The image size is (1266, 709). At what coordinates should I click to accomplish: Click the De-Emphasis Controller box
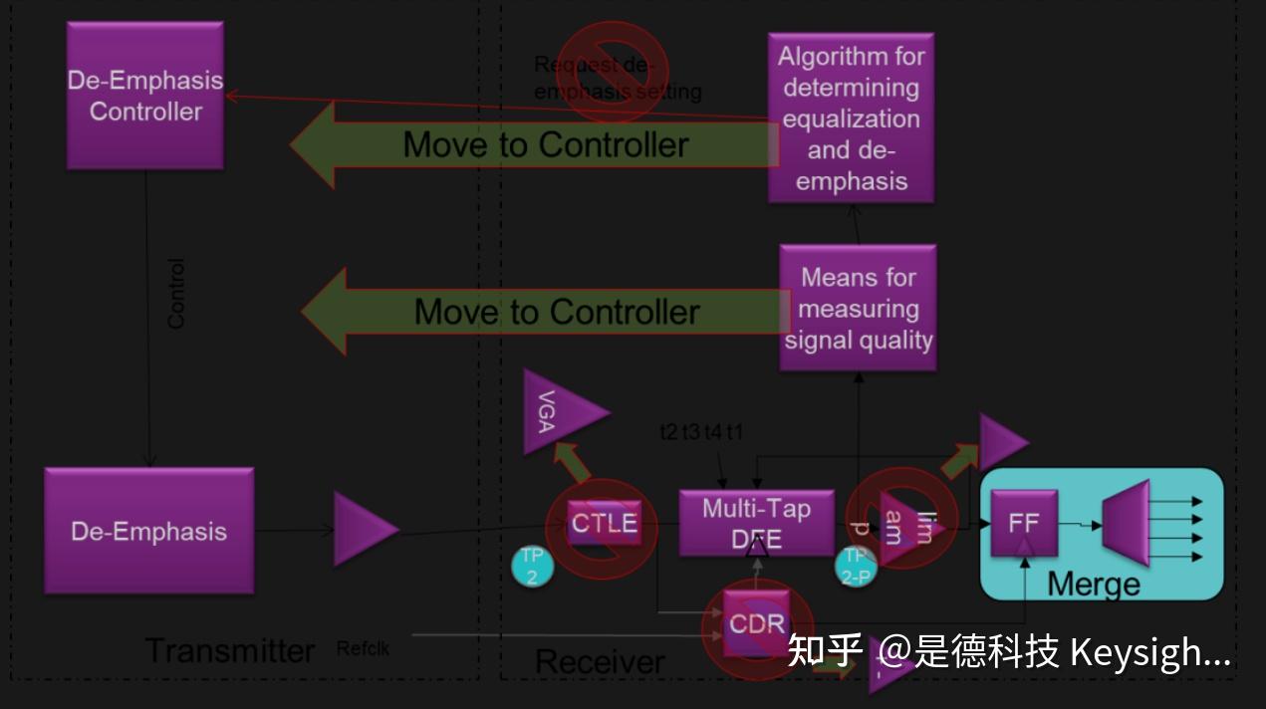pos(145,96)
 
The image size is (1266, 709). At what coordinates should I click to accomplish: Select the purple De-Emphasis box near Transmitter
pos(148,531)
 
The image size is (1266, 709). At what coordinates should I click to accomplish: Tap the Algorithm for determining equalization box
pos(851,118)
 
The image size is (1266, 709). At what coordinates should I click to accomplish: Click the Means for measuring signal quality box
pos(858,308)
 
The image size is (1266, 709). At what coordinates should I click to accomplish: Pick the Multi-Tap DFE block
pos(756,523)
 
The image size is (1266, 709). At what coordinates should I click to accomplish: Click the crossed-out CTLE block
pos(604,522)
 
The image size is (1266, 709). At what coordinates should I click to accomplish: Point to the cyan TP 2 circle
pos(532,567)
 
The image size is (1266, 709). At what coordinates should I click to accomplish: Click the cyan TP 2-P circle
pos(856,566)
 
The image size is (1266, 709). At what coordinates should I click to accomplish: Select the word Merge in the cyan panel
pos(1093,584)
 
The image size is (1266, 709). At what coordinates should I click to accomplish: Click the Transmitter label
pos(230,650)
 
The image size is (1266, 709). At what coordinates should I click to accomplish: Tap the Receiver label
pos(600,662)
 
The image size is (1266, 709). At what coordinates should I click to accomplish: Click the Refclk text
pos(363,649)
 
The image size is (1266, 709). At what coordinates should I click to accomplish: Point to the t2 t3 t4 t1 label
pos(701,432)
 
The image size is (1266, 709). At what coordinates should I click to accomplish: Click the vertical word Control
pos(176,294)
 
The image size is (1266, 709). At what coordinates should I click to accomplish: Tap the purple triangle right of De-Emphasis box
pos(364,530)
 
